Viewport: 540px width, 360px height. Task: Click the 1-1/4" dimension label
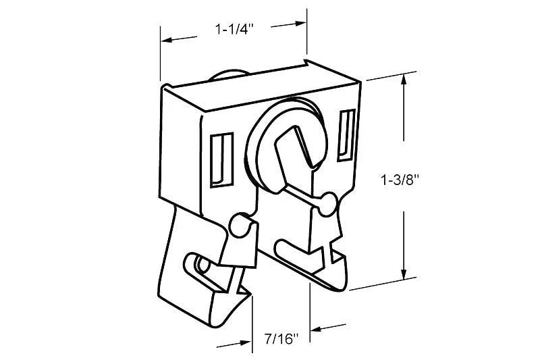(x=234, y=29)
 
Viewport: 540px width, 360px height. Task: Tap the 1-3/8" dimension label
(x=400, y=180)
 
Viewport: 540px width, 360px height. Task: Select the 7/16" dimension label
(x=281, y=339)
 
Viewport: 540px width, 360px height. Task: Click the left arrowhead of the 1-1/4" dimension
(x=166, y=40)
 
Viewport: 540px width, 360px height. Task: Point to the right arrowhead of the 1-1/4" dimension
(x=300, y=24)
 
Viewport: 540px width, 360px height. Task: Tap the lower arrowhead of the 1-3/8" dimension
(x=404, y=274)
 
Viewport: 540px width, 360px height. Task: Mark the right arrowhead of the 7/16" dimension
(x=316, y=329)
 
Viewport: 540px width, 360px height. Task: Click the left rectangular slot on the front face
(x=221, y=160)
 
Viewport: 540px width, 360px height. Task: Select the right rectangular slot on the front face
(x=346, y=135)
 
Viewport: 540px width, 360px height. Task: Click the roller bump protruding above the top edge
(x=229, y=76)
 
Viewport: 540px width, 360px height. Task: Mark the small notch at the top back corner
(x=306, y=62)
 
